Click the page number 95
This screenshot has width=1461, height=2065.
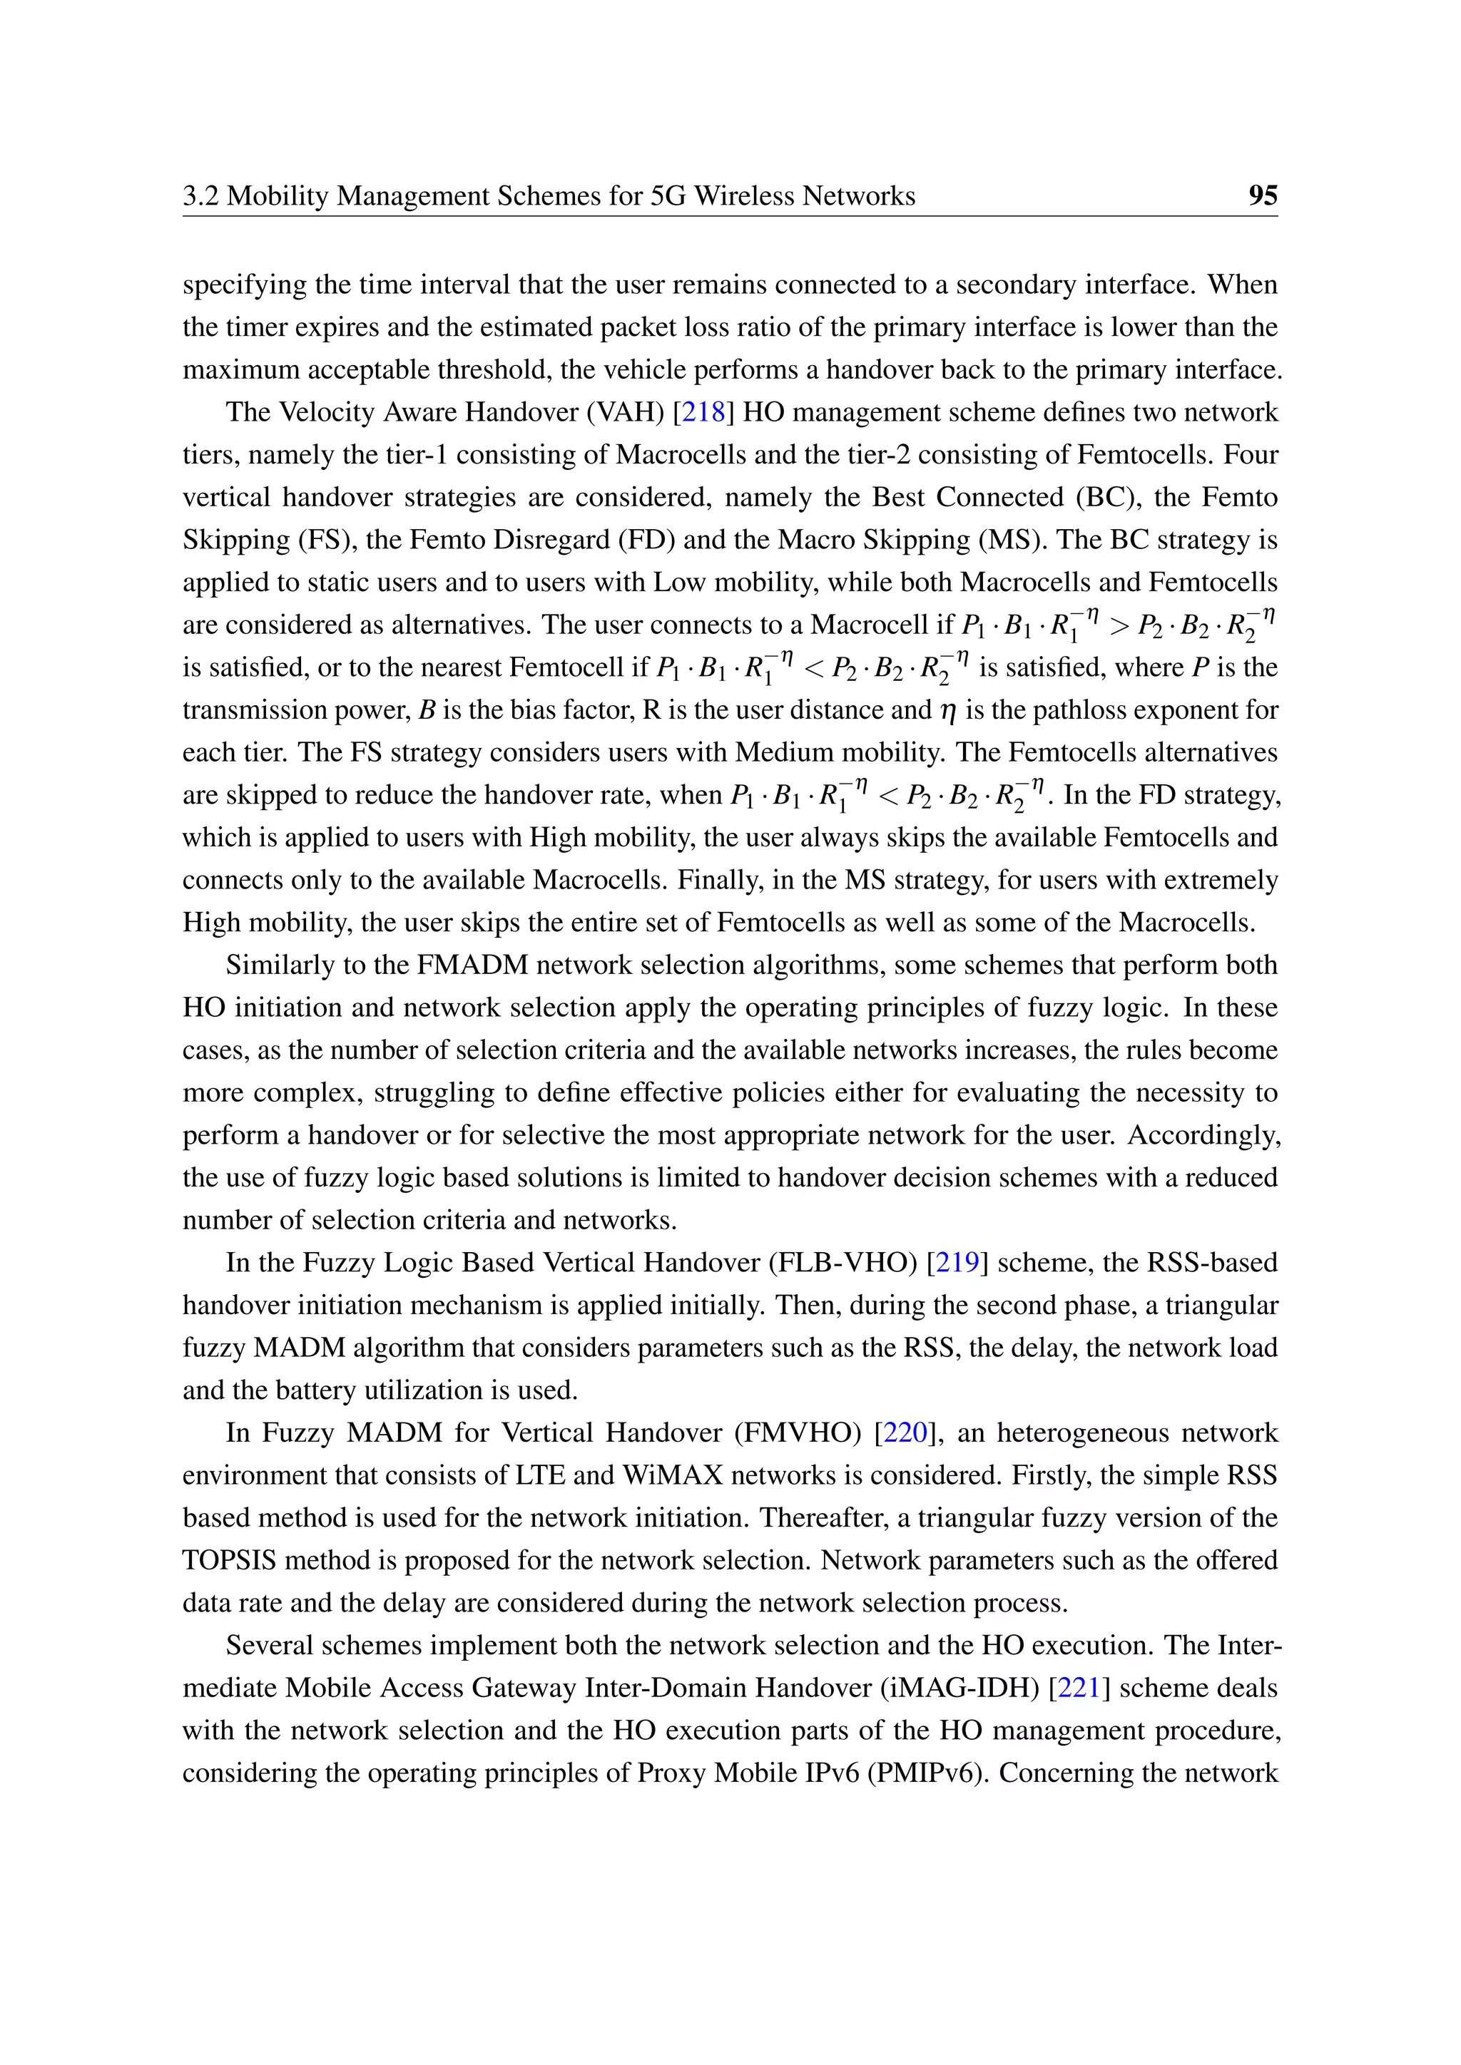[x=1262, y=195]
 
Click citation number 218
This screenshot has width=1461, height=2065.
[x=703, y=412]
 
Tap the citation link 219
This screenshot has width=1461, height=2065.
[x=957, y=1262]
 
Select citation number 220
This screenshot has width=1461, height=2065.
[x=905, y=1432]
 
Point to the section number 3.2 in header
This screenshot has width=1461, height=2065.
[x=200, y=195]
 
